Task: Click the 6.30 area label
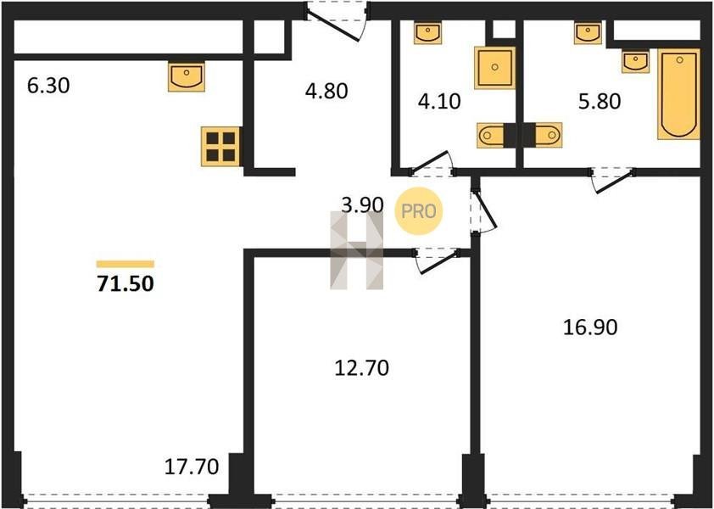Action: (48, 85)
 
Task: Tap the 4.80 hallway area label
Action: (326, 91)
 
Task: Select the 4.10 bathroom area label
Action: (439, 101)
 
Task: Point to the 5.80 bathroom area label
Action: (600, 101)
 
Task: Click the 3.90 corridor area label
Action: (362, 205)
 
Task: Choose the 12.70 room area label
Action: (362, 367)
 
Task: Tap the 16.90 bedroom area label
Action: (590, 327)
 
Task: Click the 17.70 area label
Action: (192, 467)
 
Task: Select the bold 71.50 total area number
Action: (126, 283)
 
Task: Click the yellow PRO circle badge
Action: (418, 211)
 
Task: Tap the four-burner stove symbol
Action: (220, 146)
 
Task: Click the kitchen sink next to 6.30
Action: (187, 77)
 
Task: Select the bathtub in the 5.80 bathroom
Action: (678, 94)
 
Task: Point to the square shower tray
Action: (494, 67)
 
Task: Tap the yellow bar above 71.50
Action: (126, 264)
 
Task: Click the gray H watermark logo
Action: (356, 250)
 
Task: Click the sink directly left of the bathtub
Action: (636, 62)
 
